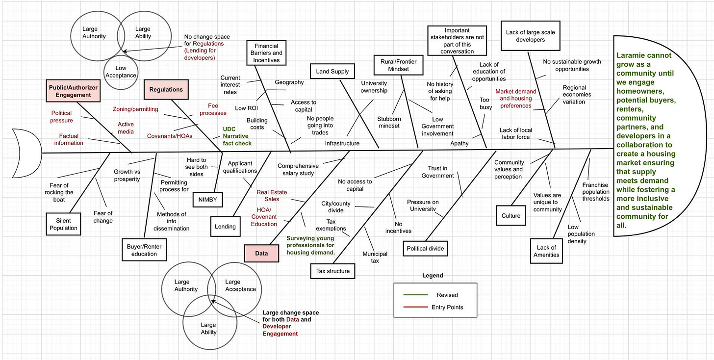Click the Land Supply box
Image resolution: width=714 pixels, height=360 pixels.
pos(332,72)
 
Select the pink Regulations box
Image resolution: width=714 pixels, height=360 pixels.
pos(166,90)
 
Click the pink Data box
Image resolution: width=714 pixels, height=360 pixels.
pos(261,254)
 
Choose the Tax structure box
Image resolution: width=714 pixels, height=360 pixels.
pos(333,271)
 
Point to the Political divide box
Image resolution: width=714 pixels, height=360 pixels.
pos(425,249)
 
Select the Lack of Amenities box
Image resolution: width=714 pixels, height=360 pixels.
pos(546,251)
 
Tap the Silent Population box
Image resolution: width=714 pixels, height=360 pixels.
pos(63,224)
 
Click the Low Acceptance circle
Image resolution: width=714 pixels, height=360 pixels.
pos(120,72)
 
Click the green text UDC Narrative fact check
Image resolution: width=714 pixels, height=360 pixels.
pos(237,136)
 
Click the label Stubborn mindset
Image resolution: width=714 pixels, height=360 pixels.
pos(388,122)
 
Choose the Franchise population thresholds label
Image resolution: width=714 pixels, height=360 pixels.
pos(596,192)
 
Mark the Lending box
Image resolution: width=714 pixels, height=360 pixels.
pos(225,227)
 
